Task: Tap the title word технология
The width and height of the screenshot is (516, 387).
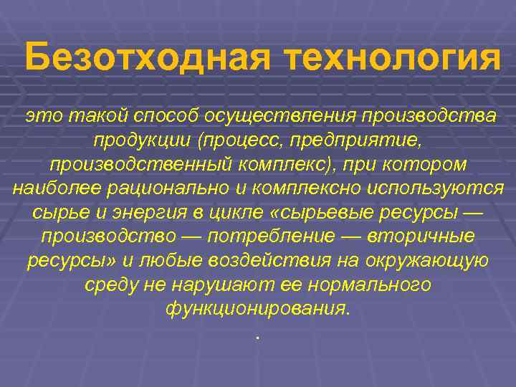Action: [x=393, y=57]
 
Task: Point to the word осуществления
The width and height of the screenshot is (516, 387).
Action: [x=280, y=115]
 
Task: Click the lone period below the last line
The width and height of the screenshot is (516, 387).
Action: [x=257, y=336]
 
